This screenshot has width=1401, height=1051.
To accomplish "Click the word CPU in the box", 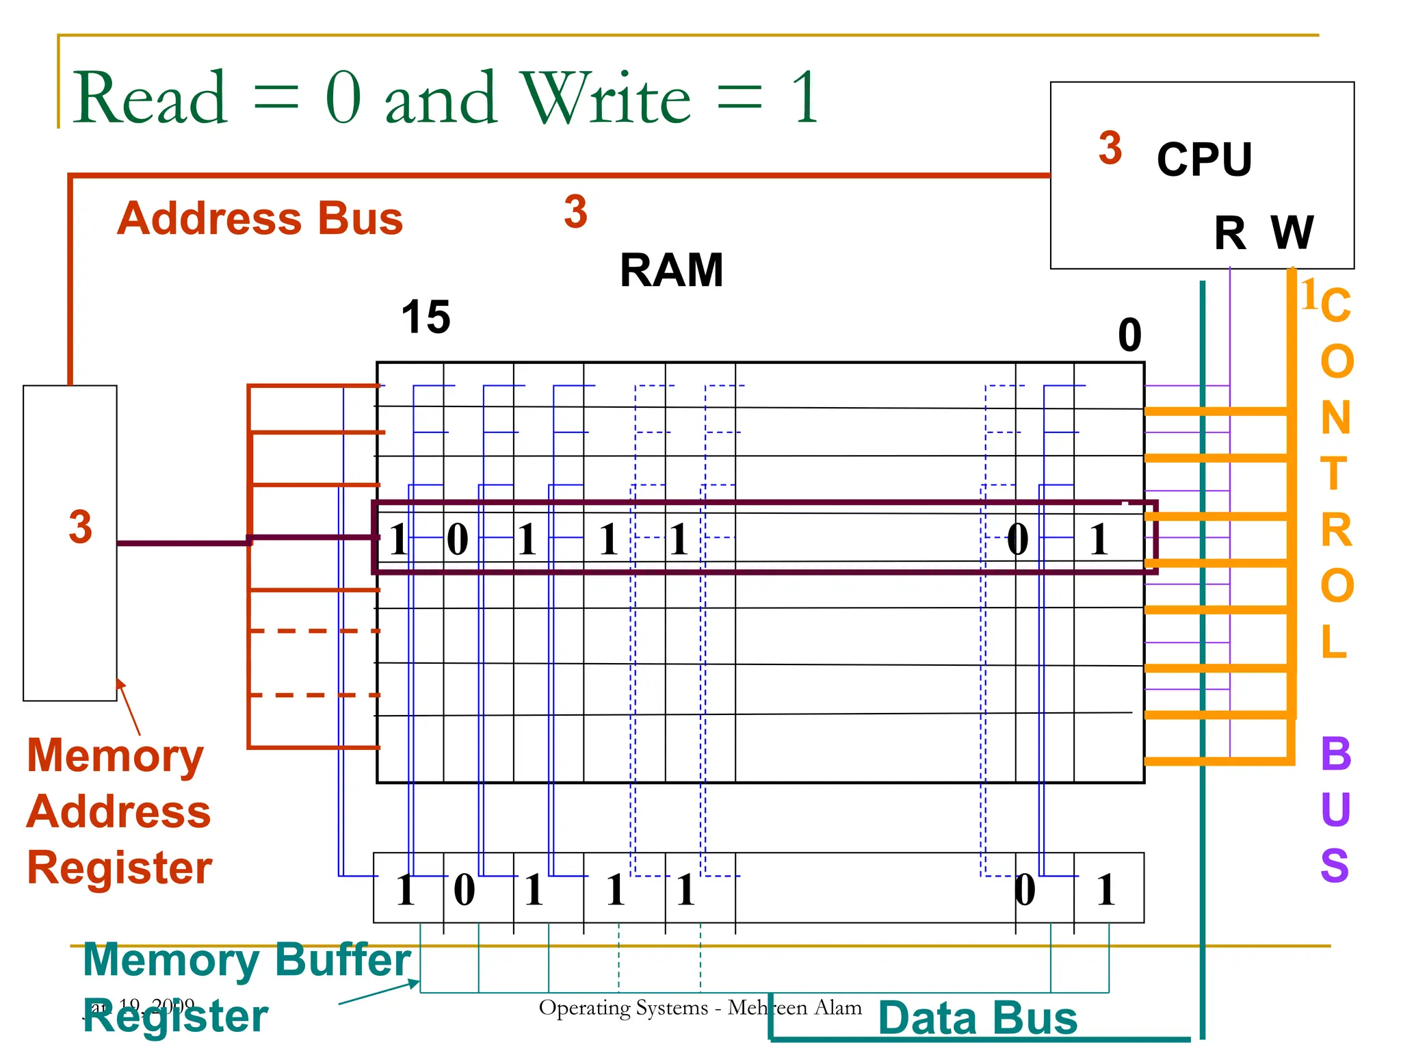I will point(1204,159).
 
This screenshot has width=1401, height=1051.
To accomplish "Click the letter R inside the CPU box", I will point(1230,233).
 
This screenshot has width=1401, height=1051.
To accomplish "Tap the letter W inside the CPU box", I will point(1292,233).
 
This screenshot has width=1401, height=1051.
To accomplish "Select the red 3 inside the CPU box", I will point(1110,148).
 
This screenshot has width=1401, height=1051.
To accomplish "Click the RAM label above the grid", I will point(671,270).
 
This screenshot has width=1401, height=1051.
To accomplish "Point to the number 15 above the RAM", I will point(425,317).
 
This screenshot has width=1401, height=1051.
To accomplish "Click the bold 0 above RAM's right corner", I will point(1129,335).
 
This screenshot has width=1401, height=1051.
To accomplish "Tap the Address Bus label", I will point(260,218).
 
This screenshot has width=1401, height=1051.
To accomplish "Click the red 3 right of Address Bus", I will point(575,211).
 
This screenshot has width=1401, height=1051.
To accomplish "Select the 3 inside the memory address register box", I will point(80,527).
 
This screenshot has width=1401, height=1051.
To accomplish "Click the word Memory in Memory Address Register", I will point(115,756).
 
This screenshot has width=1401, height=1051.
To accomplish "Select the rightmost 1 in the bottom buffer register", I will point(1106,890).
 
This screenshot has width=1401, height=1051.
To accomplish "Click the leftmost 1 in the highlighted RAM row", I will point(398,539).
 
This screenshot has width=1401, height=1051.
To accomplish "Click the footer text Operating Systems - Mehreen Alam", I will point(700,1007).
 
